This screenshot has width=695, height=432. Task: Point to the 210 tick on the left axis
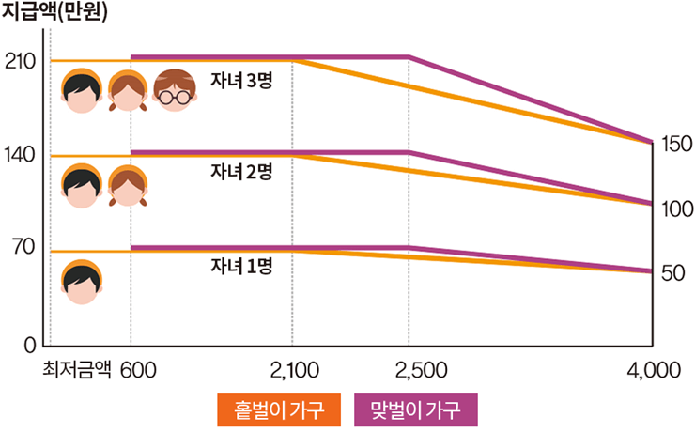click(20, 62)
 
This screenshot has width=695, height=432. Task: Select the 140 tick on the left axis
click(20, 155)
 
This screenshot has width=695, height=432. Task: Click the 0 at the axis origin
click(31, 344)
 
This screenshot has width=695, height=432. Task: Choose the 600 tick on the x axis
click(137, 370)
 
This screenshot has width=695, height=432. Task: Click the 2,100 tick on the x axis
click(292, 370)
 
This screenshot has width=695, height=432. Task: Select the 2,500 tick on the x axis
click(409, 370)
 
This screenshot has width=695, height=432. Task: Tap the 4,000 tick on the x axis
click(653, 370)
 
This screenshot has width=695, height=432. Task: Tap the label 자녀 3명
click(241, 81)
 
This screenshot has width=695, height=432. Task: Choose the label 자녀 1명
click(241, 265)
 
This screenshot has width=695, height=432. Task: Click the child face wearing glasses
click(172, 91)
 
